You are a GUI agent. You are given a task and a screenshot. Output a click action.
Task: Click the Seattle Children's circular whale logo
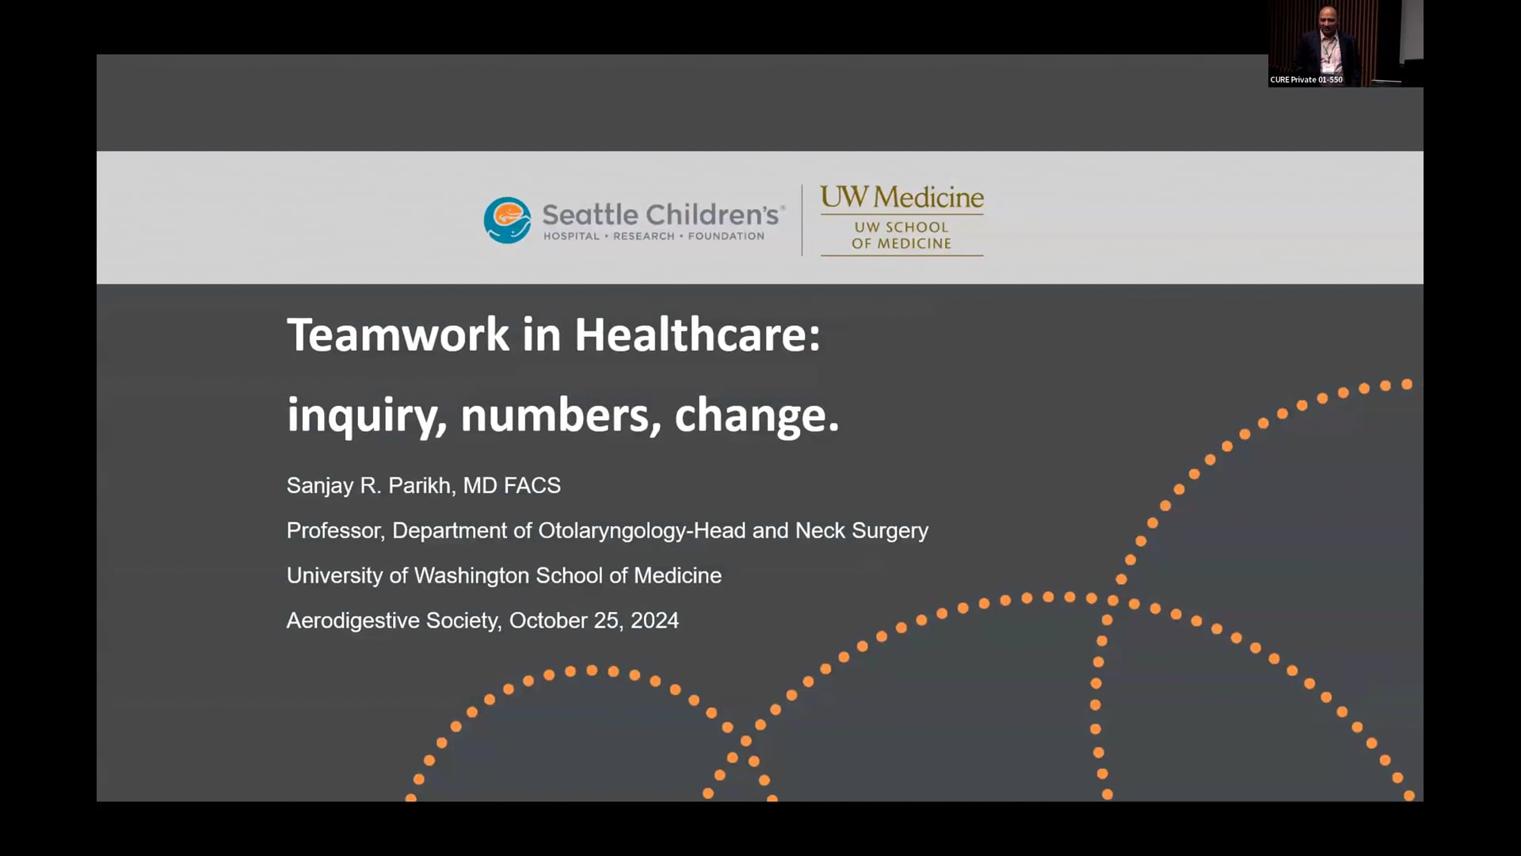pos(507,220)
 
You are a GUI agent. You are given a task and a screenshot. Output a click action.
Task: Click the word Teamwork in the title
pos(398,334)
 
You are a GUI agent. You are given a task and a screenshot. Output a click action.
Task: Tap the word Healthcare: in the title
pos(697,334)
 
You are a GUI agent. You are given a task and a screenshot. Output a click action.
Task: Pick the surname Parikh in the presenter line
pos(421,485)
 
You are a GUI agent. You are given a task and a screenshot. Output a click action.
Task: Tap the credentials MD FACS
pos(512,485)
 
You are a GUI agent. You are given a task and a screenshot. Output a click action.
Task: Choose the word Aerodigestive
pos(353,621)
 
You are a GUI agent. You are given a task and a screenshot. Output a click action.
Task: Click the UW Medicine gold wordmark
pos(902,197)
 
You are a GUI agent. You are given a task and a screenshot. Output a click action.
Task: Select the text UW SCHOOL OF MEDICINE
pos(902,235)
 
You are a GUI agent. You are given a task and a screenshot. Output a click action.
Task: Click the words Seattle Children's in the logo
pos(661,215)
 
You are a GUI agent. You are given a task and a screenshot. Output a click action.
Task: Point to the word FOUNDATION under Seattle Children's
pos(726,236)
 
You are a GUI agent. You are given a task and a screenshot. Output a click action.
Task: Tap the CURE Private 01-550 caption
pos(1306,79)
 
